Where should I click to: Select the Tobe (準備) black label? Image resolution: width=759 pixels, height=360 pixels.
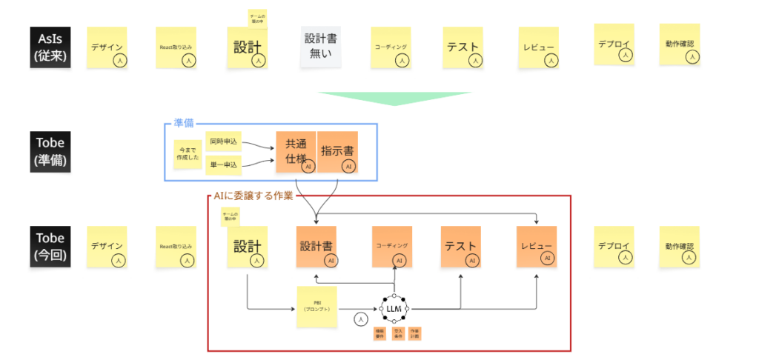coord(50,152)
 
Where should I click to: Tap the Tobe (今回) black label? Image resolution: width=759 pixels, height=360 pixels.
coord(50,246)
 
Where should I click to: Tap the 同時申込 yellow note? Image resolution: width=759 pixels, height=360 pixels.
coord(223,140)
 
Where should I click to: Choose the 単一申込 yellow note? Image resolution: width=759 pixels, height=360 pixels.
coord(223,164)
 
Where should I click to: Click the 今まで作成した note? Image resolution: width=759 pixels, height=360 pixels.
coord(187,153)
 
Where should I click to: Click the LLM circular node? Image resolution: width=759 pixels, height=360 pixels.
coord(394,308)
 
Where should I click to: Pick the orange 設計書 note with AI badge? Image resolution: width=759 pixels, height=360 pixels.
coord(317,247)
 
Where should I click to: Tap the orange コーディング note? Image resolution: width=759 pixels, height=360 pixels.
coord(391,247)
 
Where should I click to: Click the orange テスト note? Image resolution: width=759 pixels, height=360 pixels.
coord(461,247)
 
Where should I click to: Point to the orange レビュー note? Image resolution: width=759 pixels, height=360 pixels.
coord(536,247)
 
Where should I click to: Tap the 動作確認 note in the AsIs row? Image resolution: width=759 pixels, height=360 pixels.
coord(680,45)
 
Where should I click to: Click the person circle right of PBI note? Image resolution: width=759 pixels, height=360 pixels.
coord(360,319)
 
